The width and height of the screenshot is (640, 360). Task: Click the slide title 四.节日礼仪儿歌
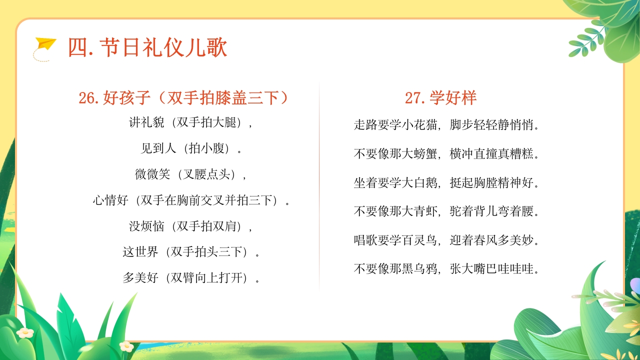coord(147,48)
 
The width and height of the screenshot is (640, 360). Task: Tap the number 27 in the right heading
coord(414,98)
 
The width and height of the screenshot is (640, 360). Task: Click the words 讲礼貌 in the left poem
coord(146,122)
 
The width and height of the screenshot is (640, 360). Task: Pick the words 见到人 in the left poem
coord(158,148)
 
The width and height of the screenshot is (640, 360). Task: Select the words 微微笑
coord(152,174)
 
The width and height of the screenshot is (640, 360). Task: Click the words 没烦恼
coord(146,226)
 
